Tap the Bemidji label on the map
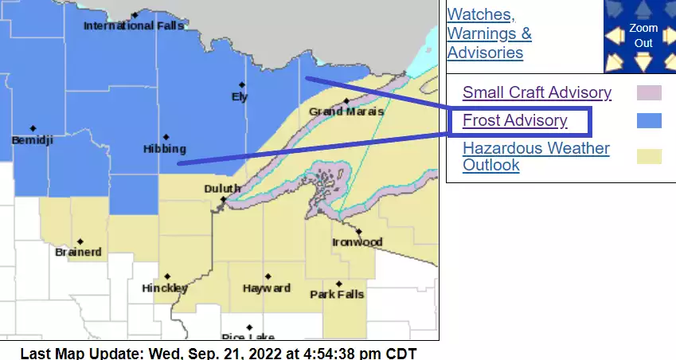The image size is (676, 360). (x=32, y=140)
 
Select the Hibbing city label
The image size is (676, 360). (x=165, y=149)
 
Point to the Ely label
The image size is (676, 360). (x=240, y=97)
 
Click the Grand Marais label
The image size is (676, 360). (x=346, y=112)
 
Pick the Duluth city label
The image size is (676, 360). (x=221, y=188)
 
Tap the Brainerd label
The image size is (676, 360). (x=79, y=252)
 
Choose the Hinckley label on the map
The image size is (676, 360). (x=165, y=288)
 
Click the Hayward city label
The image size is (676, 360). (x=267, y=288)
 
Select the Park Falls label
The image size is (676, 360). (x=337, y=294)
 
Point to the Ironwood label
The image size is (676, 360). (x=358, y=242)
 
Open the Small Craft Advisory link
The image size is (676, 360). (x=537, y=92)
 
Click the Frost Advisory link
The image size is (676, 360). (x=514, y=120)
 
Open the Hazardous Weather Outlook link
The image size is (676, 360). (x=536, y=157)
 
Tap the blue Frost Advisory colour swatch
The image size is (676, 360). (x=649, y=120)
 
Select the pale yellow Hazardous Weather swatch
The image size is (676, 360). (x=649, y=157)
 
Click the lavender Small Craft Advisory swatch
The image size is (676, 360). (x=649, y=92)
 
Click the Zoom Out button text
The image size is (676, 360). (x=643, y=35)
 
